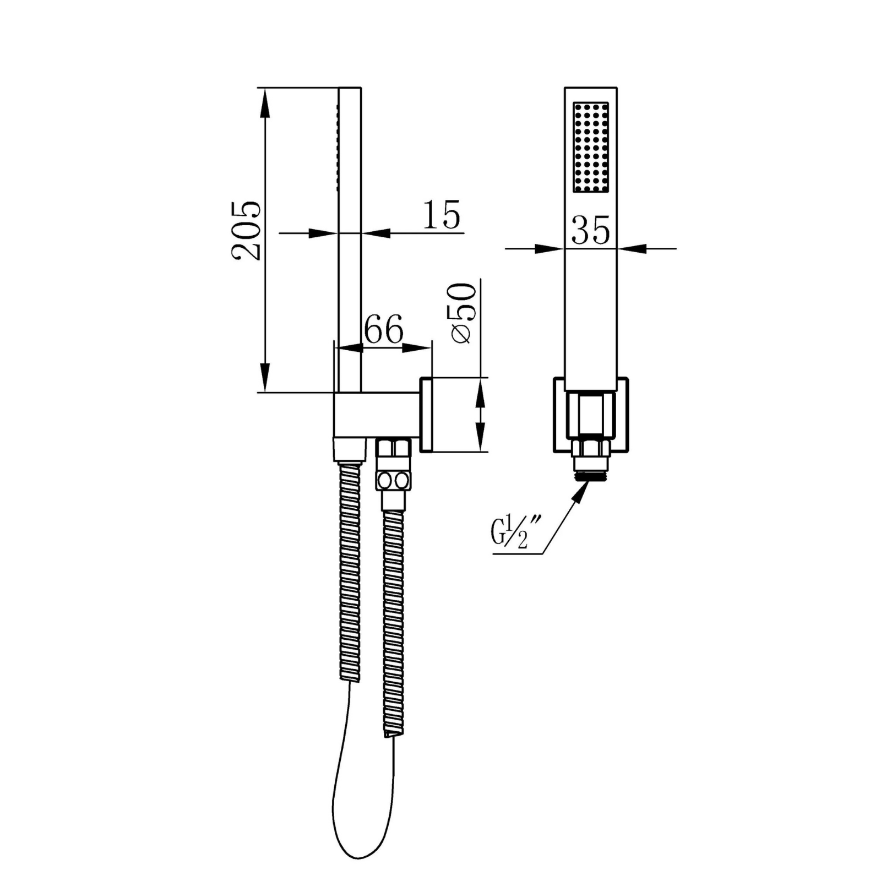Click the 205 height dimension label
(246, 230)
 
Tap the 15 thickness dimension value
(441, 215)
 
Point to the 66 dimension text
(384, 329)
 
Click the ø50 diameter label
(461, 313)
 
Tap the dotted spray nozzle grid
(591, 147)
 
